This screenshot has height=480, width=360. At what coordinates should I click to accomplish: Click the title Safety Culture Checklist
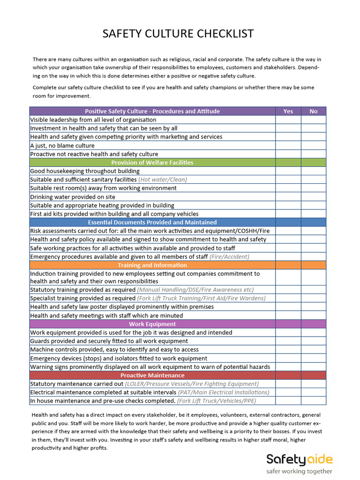coord(178,34)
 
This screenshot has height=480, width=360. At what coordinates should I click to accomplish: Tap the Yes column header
coord(288,111)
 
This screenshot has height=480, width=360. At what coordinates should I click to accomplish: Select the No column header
coord(313,111)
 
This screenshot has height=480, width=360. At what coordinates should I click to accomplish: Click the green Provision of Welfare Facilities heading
coord(152,163)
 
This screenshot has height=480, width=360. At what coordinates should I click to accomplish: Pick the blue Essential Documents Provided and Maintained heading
coord(152,222)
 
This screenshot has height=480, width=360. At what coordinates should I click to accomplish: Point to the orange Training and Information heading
coord(152,265)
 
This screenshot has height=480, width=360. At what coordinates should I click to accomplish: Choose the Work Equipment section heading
coord(152,324)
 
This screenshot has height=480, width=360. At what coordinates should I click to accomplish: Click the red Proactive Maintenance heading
coord(152,375)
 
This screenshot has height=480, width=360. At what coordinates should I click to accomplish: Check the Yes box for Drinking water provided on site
coord(288,197)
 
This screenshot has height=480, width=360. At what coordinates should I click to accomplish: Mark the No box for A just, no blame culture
coord(313,145)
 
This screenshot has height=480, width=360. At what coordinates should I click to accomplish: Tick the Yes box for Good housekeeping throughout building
coord(288,171)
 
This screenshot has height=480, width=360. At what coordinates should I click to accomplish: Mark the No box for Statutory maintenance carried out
coord(313,384)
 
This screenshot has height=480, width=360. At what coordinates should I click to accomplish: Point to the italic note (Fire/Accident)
coord(229,257)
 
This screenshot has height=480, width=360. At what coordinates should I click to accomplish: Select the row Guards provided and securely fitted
coord(109,341)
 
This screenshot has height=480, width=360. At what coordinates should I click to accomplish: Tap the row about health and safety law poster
coord(122,307)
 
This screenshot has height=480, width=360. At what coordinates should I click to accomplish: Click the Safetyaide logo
coord(299,459)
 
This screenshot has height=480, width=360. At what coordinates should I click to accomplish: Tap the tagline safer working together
coord(299,471)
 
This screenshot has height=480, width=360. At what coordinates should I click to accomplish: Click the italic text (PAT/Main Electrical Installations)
coord(224,392)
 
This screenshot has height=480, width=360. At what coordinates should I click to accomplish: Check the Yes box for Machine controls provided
coord(288,350)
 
